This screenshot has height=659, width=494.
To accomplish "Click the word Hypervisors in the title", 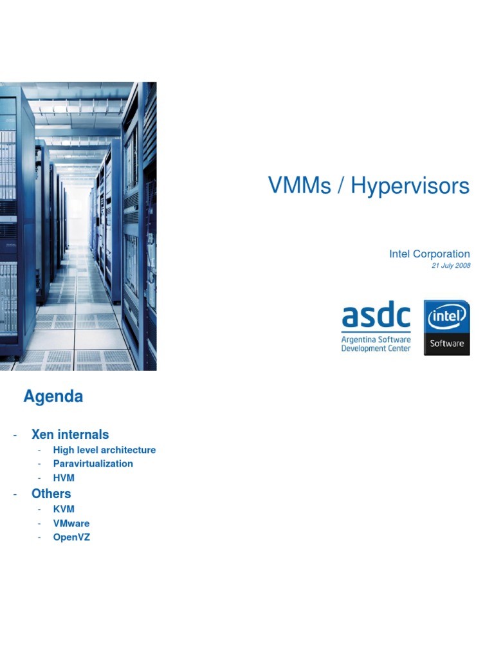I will click(410, 187).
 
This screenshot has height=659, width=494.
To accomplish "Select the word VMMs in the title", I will click(300, 187).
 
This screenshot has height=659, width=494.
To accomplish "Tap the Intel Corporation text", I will click(429, 254).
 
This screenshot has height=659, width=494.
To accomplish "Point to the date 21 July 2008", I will click(451, 266).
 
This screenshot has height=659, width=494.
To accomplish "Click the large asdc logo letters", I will click(376, 317).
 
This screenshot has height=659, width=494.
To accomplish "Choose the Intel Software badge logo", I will click(446, 328).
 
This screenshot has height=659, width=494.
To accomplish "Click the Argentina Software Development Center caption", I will click(376, 344).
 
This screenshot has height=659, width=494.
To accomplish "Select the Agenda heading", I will click(53, 396).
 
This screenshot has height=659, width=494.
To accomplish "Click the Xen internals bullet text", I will click(70, 434).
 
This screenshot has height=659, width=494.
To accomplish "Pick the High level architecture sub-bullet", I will click(104, 450).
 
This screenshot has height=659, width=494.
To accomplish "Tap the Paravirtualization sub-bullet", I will click(93, 463).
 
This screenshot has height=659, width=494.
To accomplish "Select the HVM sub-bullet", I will click(64, 478).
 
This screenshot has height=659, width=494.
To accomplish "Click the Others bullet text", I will click(51, 494).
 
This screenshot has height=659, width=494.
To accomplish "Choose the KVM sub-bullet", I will click(64, 509).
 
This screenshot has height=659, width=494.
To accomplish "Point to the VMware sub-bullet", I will click(71, 523).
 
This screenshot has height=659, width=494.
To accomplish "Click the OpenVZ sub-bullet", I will click(71, 537).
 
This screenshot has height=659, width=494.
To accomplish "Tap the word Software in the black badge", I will click(446, 343).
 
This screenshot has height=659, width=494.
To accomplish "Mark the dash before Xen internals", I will click(15, 435).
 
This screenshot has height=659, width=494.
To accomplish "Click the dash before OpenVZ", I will click(39, 537).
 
